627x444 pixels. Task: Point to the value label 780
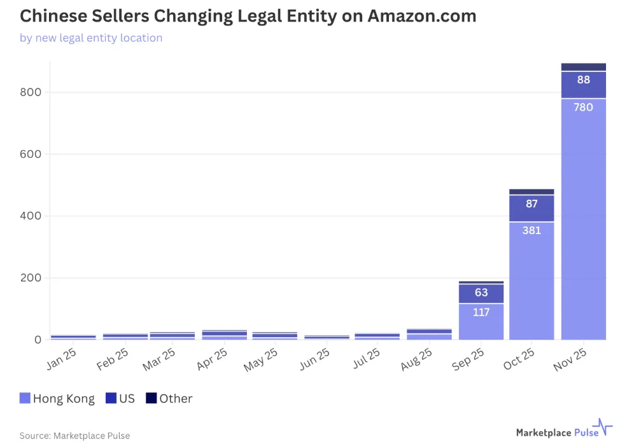pyautogui.click(x=583, y=108)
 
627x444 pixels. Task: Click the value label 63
pyautogui.click(x=481, y=293)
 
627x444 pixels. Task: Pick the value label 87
pyautogui.click(x=532, y=204)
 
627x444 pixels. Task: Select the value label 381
pyautogui.click(x=532, y=230)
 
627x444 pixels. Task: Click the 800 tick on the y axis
pyautogui.click(x=31, y=92)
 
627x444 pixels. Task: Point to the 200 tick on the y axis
pyautogui.click(x=31, y=278)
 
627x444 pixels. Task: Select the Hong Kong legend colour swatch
pyautogui.click(x=25, y=399)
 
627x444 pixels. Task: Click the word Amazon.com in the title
pyautogui.click(x=421, y=15)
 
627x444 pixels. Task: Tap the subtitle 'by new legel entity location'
pyautogui.click(x=91, y=38)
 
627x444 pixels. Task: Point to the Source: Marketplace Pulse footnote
pyautogui.click(x=74, y=436)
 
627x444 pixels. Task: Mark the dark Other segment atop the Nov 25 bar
pyautogui.click(x=583, y=67)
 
